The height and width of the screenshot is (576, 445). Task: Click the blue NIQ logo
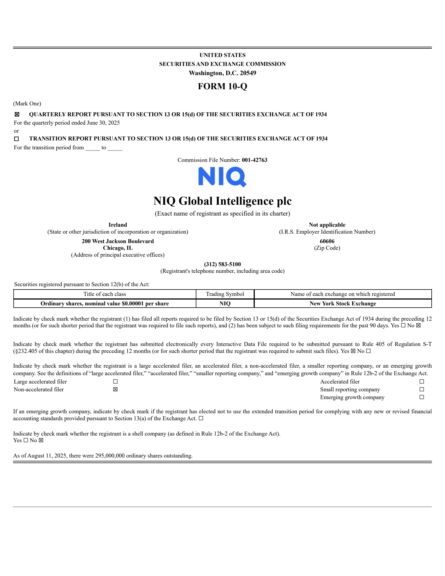pos(222,177)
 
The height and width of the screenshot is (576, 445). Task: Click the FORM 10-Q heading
pos(222,86)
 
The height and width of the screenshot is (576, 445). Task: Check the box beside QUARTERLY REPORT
pos(17,114)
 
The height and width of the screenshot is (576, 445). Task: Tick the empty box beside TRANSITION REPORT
pos(17,139)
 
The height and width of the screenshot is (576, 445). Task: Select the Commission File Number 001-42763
pos(254,160)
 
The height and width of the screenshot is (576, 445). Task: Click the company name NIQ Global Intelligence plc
pos(222,201)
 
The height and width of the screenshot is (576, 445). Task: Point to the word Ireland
pos(118,225)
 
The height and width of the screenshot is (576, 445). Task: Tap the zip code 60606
pos(327,241)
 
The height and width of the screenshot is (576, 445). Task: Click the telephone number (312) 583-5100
pos(222,264)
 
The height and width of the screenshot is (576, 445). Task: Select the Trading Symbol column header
pos(225,294)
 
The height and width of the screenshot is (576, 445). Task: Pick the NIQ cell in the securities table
pos(225,303)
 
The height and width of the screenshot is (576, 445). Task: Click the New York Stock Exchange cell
pos(343,303)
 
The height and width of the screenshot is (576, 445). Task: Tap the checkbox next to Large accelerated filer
pos(115,382)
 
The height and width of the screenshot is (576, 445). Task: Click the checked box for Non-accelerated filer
pos(115,389)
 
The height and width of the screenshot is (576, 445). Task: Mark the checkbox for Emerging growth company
pos(422,397)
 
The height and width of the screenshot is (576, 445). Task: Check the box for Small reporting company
pos(422,389)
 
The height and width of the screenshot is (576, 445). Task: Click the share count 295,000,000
pos(110,456)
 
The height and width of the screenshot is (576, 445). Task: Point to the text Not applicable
pos(327,225)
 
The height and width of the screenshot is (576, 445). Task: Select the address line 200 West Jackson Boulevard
pos(118,241)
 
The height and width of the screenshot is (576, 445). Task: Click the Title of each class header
pos(105,294)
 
